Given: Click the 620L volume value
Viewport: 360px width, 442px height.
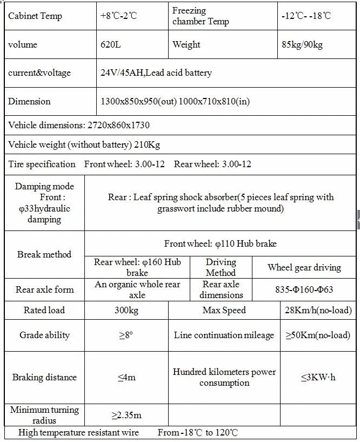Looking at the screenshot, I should tap(110, 44).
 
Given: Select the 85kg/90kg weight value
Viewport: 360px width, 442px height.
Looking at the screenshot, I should tap(302, 44).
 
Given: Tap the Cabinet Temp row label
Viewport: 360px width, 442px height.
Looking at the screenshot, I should tap(35, 16).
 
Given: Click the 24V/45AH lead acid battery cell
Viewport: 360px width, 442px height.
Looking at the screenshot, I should tap(156, 72).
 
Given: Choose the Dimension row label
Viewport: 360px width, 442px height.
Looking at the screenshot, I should tap(29, 101).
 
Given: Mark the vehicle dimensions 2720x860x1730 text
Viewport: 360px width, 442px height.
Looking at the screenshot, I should tap(79, 125).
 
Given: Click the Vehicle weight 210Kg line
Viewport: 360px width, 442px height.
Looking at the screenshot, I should tap(84, 144).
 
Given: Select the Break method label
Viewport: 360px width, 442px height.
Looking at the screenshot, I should tap(44, 254).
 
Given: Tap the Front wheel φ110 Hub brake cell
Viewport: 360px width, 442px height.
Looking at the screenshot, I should tap(221, 243).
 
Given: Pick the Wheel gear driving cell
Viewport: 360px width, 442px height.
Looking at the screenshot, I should tap(304, 267).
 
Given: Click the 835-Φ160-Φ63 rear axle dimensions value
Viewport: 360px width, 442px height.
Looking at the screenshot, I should tap(304, 289).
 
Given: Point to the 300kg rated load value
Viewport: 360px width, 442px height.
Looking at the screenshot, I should tap(126, 310).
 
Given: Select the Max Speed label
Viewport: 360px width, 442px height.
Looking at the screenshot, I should tap(224, 310).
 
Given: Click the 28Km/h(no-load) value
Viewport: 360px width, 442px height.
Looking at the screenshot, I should tap(318, 310).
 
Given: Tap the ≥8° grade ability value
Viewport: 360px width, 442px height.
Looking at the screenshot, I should tap(126, 335).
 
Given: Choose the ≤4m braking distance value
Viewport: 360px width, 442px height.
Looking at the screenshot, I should tap(126, 377).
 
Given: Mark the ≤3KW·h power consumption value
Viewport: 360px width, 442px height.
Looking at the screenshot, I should tap(318, 377).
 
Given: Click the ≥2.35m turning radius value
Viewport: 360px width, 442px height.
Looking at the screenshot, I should tap(126, 415).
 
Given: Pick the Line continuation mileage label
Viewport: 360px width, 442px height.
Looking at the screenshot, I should tap(224, 335).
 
